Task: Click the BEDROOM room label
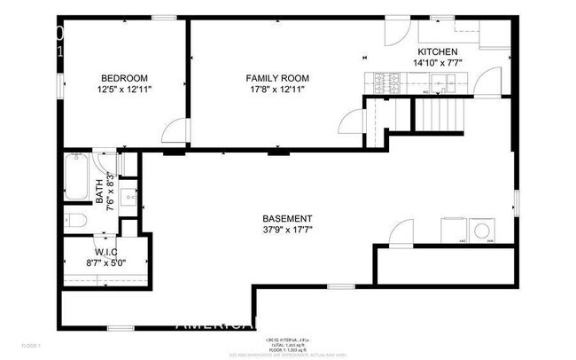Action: [124, 78]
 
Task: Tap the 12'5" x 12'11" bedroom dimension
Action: [124, 90]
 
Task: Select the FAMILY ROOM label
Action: [276, 78]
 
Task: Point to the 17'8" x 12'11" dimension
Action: [276, 90]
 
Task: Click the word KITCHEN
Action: [438, 52]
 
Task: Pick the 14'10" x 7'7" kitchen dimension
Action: [438, 64]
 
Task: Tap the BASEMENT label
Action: [286, 219]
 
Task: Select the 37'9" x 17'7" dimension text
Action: [286, 231]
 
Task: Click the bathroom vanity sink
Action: [128, 197]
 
